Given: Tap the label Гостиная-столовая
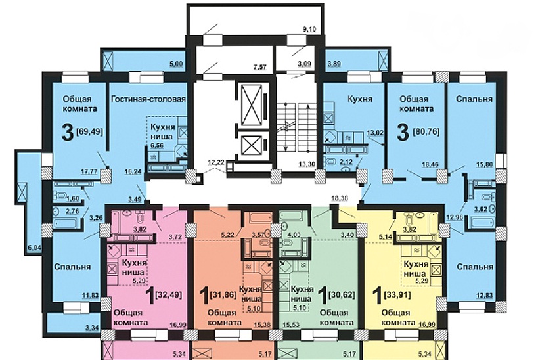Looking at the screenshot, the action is coord(148,99).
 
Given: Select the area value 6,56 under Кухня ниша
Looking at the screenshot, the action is coord(156,145).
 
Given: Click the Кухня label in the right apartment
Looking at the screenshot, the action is coord(360,99).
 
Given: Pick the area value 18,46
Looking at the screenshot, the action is coord(429,165).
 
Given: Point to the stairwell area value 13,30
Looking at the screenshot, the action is coord(305,164).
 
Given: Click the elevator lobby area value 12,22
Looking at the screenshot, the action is coord(216,162).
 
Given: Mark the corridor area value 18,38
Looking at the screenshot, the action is coord(340,198).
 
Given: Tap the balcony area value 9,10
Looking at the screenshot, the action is coord(309,29).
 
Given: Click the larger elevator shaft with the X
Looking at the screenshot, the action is coord(252,105).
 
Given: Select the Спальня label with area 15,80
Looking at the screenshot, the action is coord(474,99).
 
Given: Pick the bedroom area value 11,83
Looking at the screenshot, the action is coord(90,295).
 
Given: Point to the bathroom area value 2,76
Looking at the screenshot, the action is coord(73,211).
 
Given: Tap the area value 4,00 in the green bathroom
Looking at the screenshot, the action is coord(294,235).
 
